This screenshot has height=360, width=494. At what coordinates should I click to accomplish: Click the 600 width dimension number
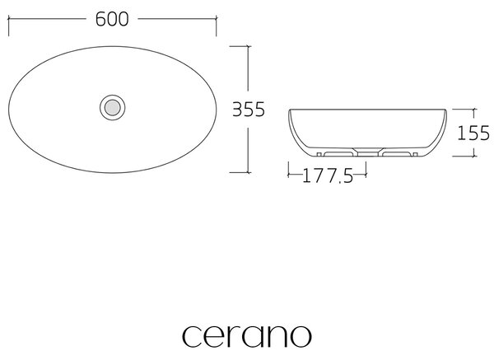112,19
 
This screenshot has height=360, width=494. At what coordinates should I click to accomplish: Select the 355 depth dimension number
249,110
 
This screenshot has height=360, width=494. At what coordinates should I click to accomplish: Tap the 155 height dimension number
473,133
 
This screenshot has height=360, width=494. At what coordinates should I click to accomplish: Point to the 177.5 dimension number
328,176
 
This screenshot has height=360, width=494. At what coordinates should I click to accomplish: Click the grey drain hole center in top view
113,107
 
